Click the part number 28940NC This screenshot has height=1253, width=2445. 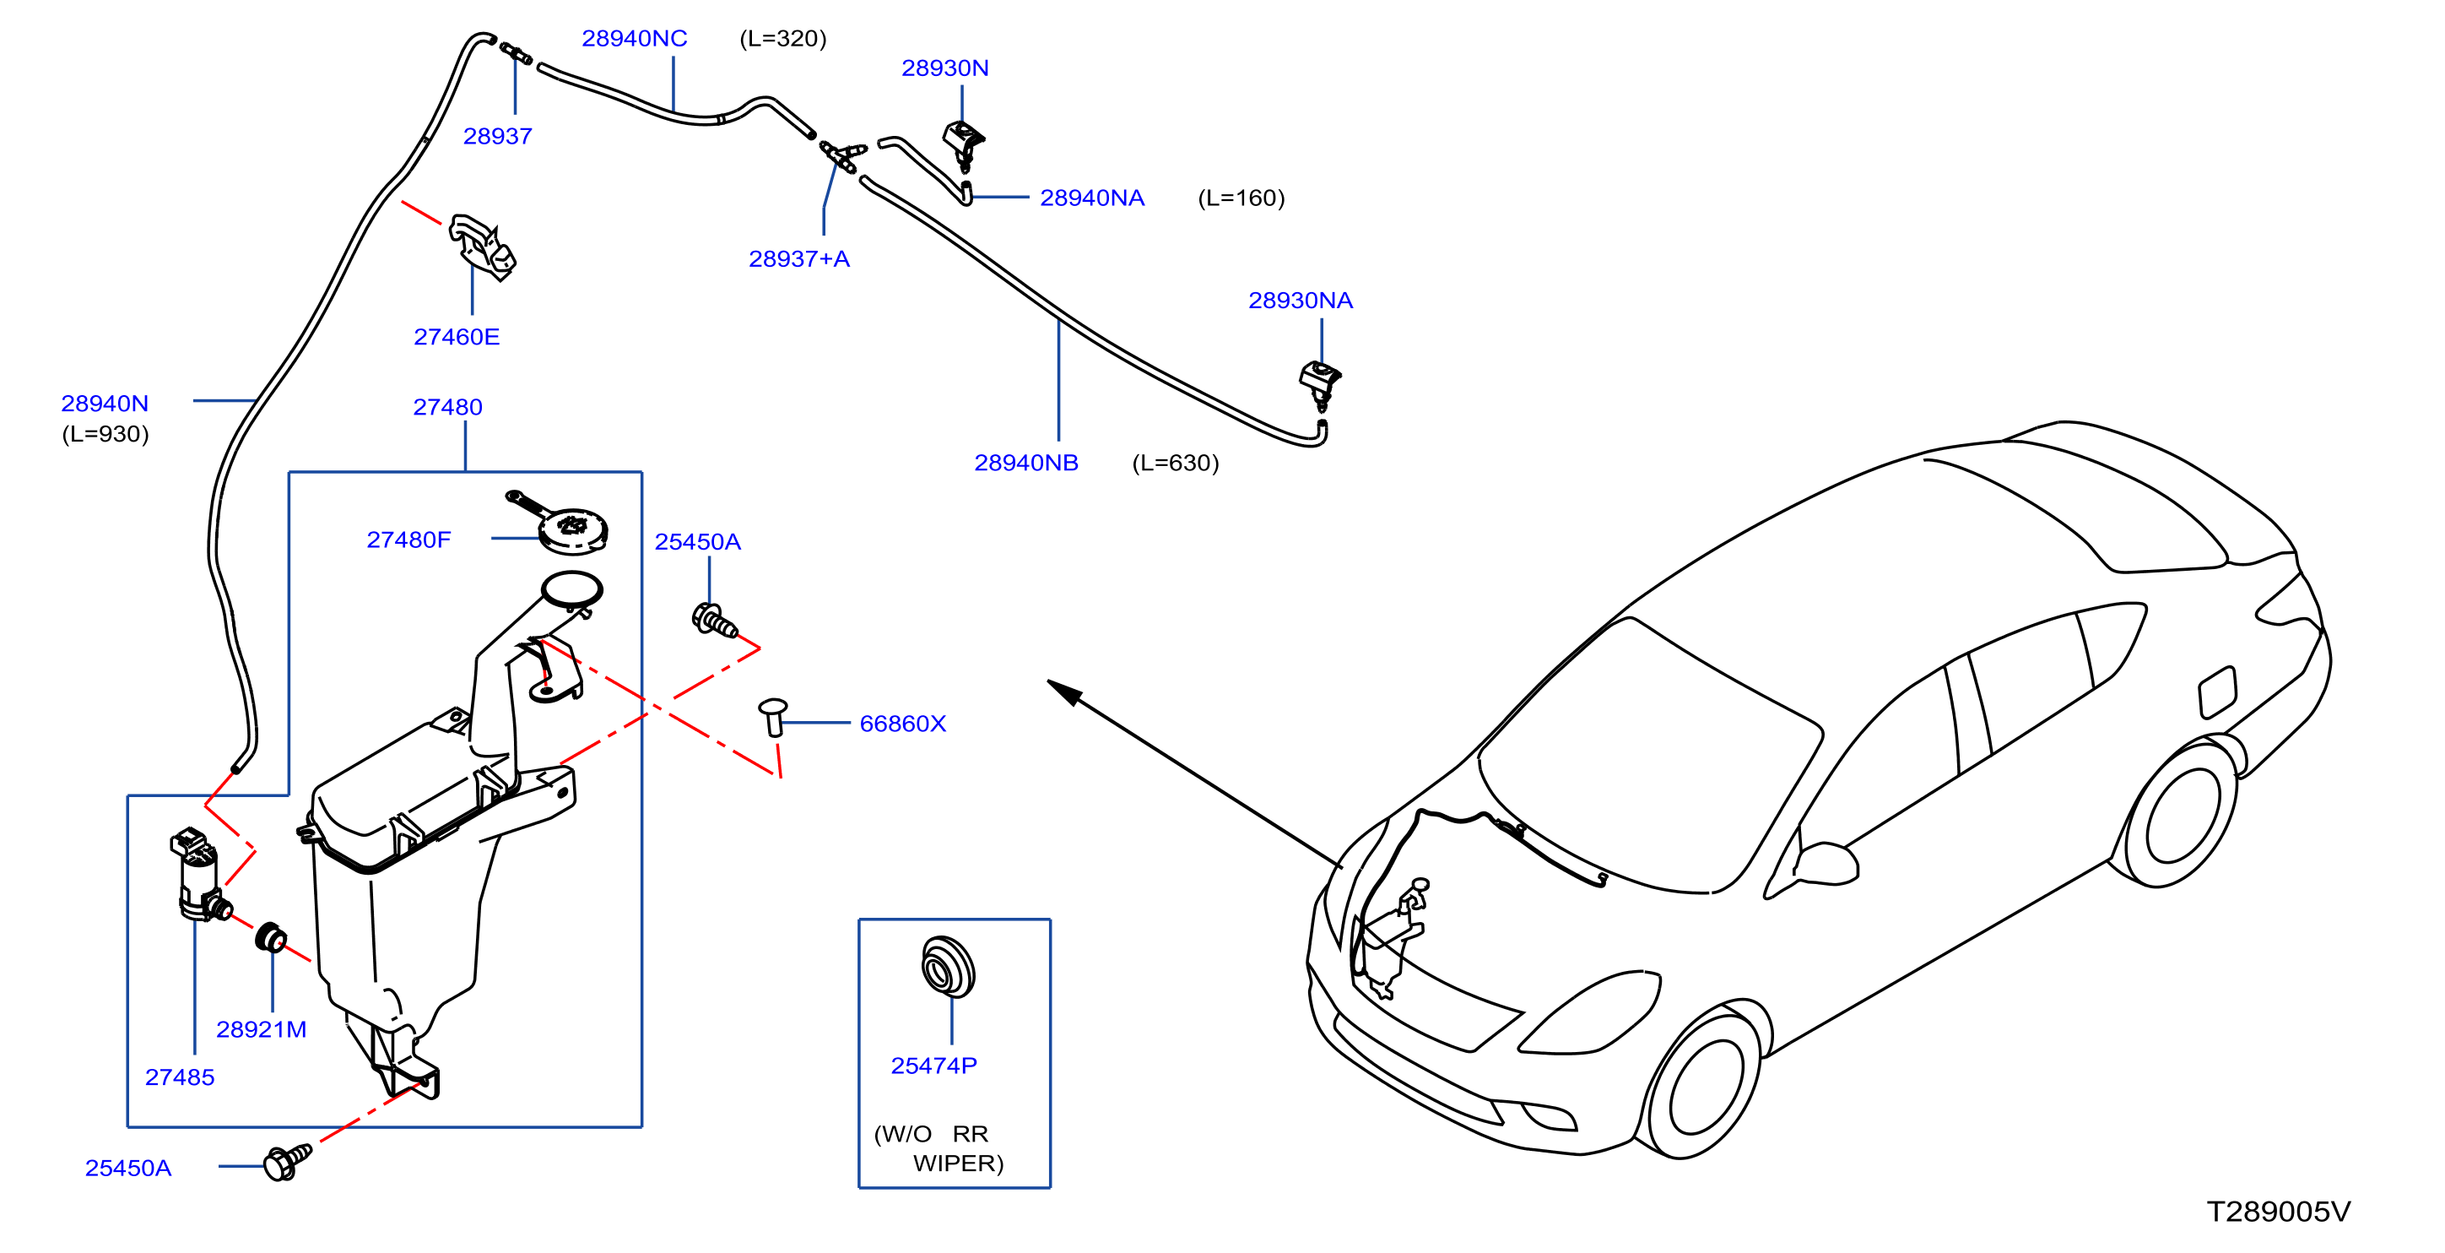coord(634,39)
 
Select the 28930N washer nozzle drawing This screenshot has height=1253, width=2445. coord(963,145)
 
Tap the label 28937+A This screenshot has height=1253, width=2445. coord(799,259)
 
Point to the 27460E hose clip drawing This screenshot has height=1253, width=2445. coord(482,247)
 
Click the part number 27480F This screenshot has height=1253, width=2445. coord(408,540)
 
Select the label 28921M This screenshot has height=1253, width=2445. coord(261,1030)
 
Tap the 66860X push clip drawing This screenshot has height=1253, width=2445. coord(774,717)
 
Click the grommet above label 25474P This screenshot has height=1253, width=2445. coord(947,968)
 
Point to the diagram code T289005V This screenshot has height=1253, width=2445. coord(2278,1212)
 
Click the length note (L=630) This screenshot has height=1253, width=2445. coord(1175,464)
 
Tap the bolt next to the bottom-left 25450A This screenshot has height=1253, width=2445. coord(288,1162)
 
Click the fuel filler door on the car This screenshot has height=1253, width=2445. coord(2217,692)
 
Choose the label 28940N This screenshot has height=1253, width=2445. coord(105,404)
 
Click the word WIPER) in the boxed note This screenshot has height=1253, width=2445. coord(958,1163)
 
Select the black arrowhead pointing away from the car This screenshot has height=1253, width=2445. coord(1065,692)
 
